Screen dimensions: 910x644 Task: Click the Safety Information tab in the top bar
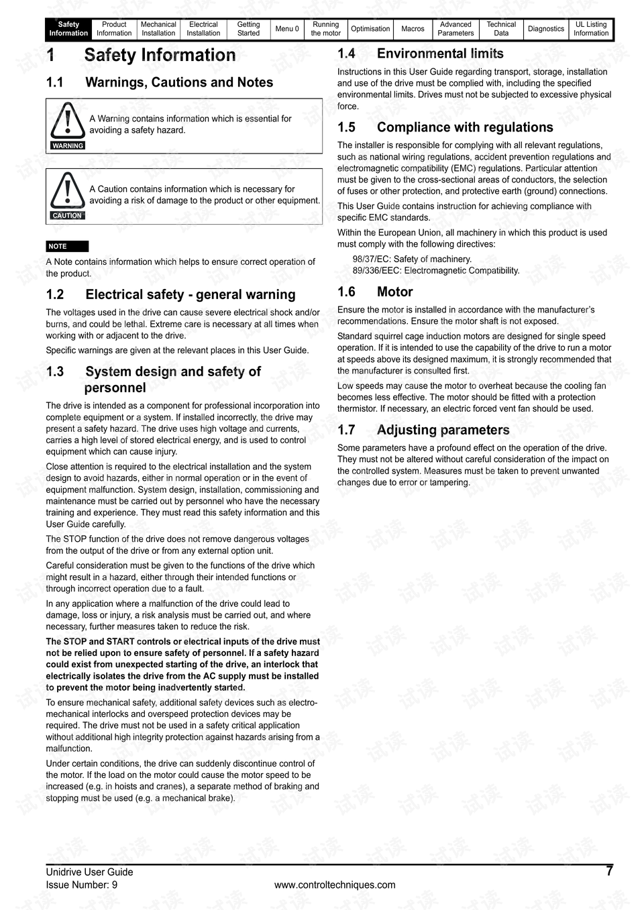pyautogui.click(x=68, y=29)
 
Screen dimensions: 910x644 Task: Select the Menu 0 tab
pyautogui.click(x=287, y=29)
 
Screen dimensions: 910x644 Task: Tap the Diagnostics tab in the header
pyautogui.click(x=546, y=29)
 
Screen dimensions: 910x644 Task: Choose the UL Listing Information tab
pyautogui.click(x=591, y=29)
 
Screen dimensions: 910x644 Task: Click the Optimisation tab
pyautogui.click(x=370, y=29)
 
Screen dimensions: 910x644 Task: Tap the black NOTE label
pyautogui.click(x=67, y=246)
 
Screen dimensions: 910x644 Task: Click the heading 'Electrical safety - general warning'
pyautogui.click(x=190, y=294)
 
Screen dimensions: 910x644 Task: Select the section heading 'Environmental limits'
pyautogui.click(x=439, y=54)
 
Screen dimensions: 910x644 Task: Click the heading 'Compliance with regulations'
pyautogui.click(x=464, y=127)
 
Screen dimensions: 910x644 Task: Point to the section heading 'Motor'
pyautogui.click(x=394, y=292)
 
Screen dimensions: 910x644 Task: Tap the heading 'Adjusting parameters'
pyautogui.click(x=443, y=430)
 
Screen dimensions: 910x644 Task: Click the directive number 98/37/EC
pyautogui.click(x=371, y=260)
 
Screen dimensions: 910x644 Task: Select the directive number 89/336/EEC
pyautogui.click(x=376, y=271)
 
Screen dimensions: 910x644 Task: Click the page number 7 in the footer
pyautogui.click(x=609, y=871)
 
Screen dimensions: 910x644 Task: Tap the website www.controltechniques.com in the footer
pyautogui.click(x=335, y=885)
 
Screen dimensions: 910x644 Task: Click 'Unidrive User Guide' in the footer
pyautogui.click(x=89, y=872)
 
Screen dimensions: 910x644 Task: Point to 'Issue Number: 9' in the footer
pyautogui.click(x=82, y=885)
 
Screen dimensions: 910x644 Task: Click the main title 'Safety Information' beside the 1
pyautogui.click(x=160, y=56)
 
